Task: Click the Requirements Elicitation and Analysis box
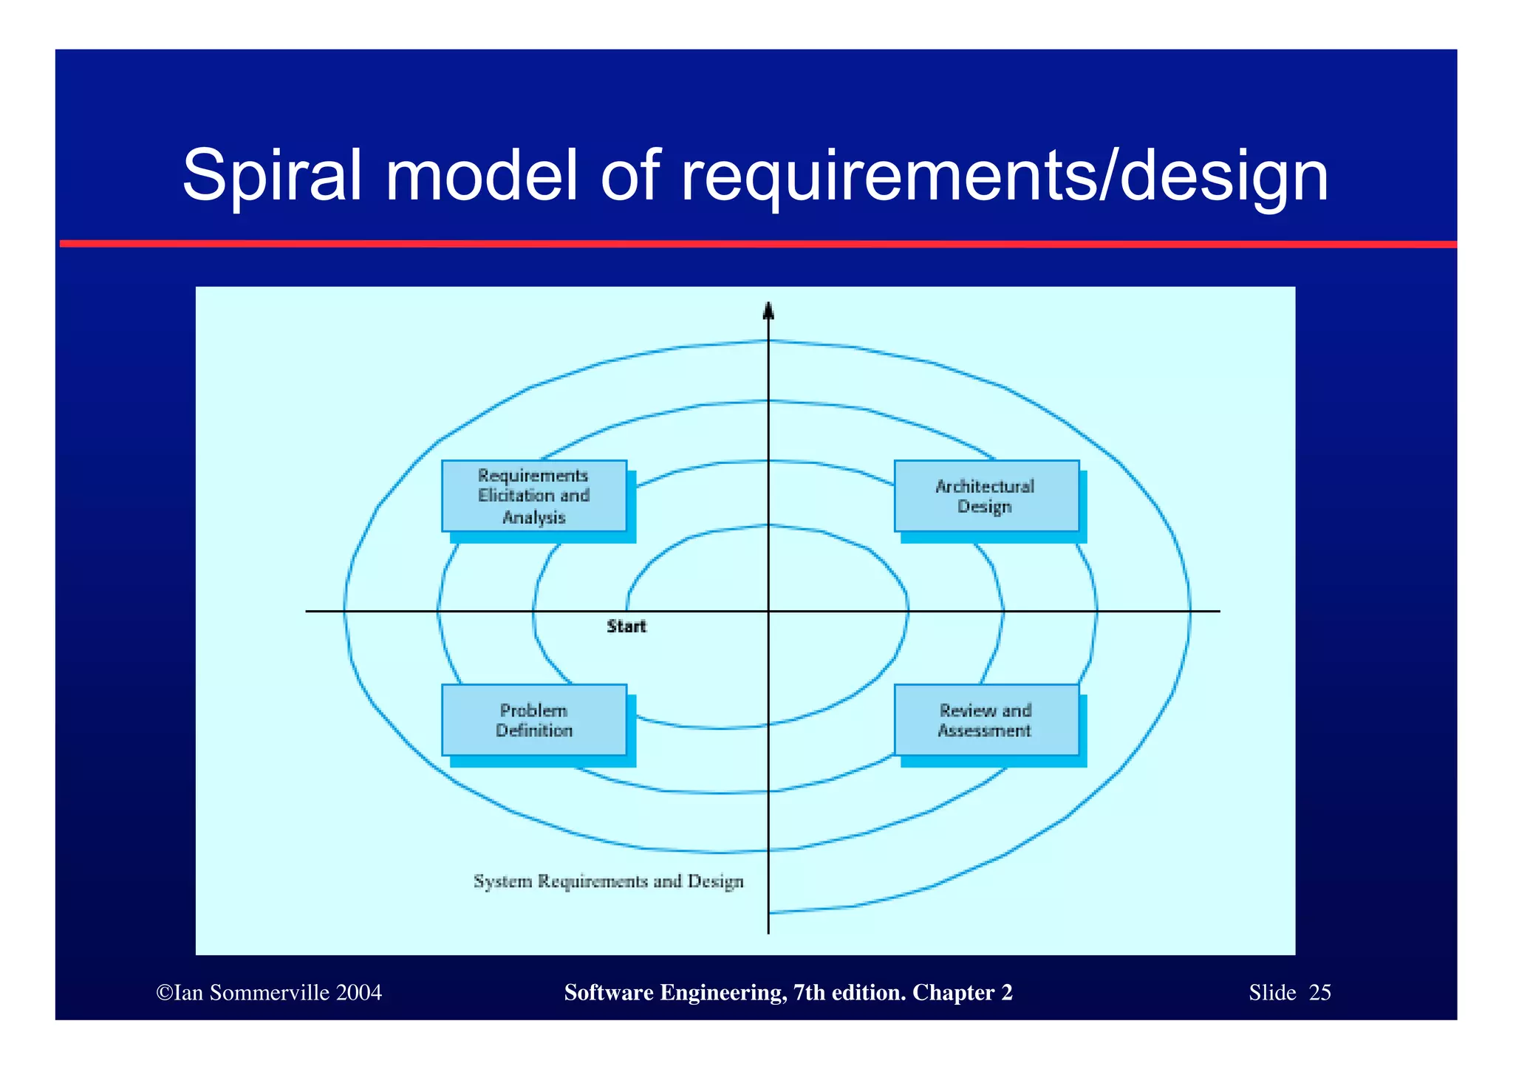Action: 534,496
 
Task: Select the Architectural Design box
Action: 986,496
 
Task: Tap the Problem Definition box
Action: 534,720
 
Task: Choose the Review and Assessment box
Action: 986,720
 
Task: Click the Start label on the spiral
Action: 626,626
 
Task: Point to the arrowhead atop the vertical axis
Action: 768,311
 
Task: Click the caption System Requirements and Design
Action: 608,881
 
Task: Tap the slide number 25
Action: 1319,992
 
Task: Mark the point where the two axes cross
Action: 768,611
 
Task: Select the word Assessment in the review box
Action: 984,731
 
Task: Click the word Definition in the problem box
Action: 534,731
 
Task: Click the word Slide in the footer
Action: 1272,992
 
